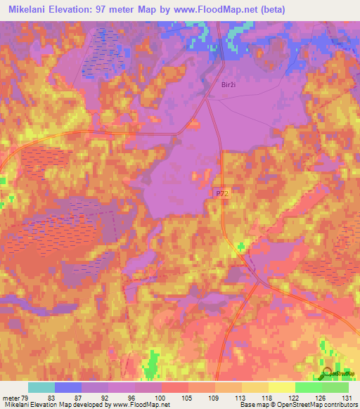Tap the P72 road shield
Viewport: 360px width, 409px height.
click(x=221, y=191)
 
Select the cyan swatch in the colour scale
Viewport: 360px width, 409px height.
click(x=41, y=387)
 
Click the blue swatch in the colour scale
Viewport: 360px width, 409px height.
click(x=68, y=387)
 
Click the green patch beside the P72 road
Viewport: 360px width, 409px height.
click(x=242, y=246)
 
